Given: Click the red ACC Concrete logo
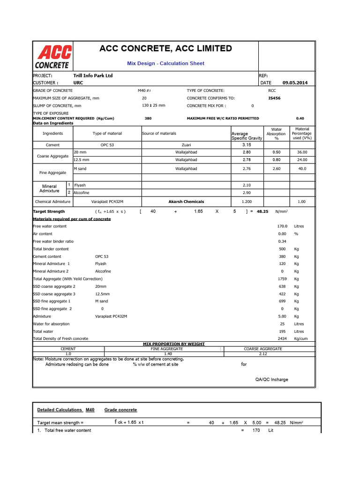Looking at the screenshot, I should pos(53,57).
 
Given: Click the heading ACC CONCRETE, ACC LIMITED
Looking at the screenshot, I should pos(165,48).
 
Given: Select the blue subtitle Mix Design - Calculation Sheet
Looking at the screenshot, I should pos(165,63).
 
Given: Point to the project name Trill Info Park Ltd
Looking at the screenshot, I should pos(93,75).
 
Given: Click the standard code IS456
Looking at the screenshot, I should pos(274,98).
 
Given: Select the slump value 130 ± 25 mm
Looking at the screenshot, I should pos(153,105).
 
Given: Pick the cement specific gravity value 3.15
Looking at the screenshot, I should pos(247,145).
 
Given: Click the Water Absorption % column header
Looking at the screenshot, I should pos(276,134).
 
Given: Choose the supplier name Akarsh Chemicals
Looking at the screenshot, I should pos(186,202).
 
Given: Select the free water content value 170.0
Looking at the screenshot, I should pos(282,226).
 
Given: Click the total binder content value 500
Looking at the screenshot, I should pos(282,249).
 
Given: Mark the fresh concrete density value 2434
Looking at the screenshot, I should pos(282,338).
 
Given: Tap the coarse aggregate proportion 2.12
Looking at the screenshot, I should pos(262,354).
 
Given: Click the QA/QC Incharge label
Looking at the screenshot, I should pos(271,379).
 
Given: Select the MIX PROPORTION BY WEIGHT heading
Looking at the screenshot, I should pos(173,344).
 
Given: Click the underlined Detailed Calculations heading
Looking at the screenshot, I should pos(60,410).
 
